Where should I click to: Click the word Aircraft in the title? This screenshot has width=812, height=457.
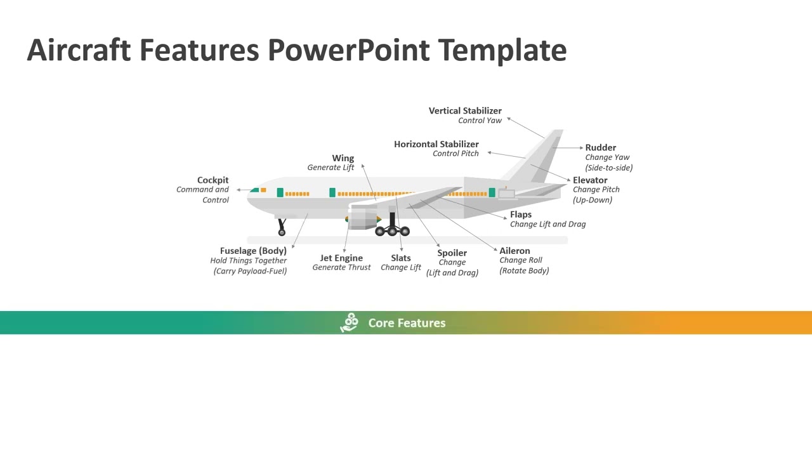[79, 50]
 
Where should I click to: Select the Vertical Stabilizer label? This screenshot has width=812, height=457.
[465, 110]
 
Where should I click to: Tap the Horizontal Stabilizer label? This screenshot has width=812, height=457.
[436, 144]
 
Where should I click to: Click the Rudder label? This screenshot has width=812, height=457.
[600, 147]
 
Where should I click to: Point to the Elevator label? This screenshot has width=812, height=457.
[590, 180]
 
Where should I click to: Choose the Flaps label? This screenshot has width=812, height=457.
[521, 215]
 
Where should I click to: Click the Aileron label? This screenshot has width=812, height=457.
[514, 251]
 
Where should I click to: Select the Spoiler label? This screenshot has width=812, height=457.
[452, 253]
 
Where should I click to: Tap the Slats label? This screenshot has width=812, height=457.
[401, 258]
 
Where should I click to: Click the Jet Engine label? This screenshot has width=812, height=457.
[341, 258]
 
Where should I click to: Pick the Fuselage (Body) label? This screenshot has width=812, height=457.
[253, 251]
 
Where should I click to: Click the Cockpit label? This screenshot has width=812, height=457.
[213, 180]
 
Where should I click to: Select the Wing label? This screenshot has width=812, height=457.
[343, 158]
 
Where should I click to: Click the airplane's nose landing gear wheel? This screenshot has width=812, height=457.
[282, 232]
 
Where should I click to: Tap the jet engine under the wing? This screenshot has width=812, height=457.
[363, 218]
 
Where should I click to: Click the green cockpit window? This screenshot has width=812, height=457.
[255, 190]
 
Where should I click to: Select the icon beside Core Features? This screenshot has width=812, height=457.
[350, 322]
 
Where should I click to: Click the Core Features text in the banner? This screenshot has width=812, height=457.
[407, 323]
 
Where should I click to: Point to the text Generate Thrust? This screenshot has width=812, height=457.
[341, 267]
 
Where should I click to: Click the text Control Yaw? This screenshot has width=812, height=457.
[480, 120]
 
